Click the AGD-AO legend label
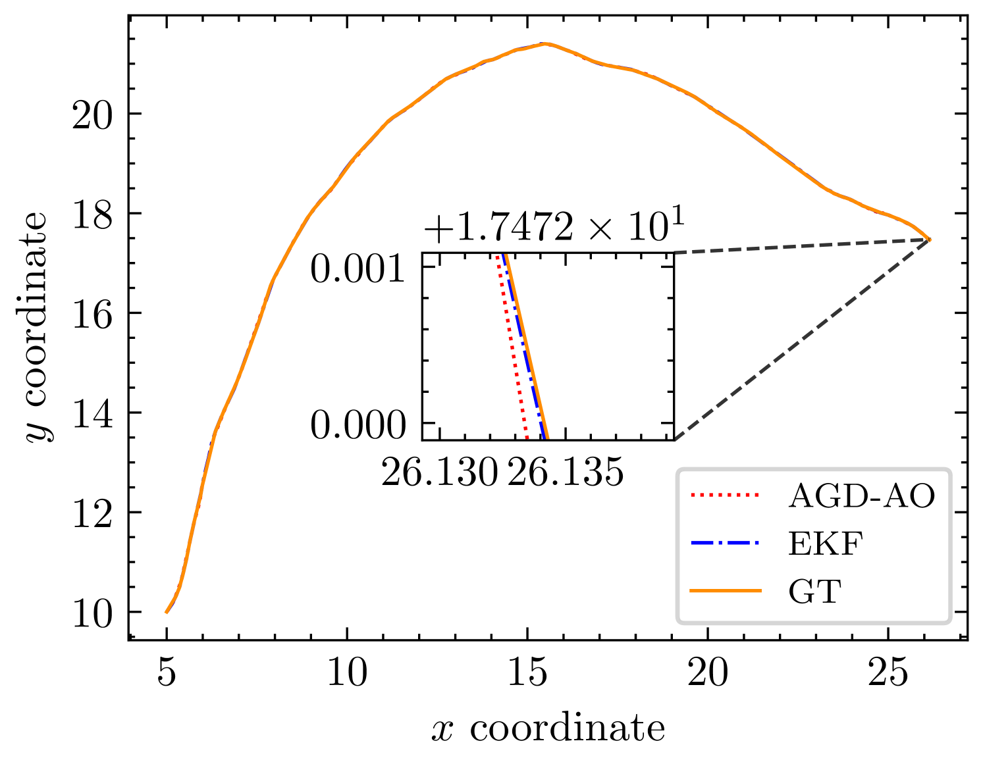[861, 496]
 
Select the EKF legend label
[826, 544]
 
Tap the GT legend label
[814, 591]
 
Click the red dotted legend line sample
[725, 496]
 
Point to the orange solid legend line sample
[725, 591]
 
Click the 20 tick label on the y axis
[92, 115]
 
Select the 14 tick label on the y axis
[92, 414]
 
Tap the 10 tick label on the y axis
[92, 613]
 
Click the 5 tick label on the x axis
[166, 671]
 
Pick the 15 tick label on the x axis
[527, 671]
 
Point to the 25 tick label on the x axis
[888, 671]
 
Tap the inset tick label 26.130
[439, 472]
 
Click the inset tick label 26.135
[565, 472]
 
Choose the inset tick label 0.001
[357, 268]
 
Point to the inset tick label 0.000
[358, 425]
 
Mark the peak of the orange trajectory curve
[545, 44]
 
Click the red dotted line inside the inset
[512, 346]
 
